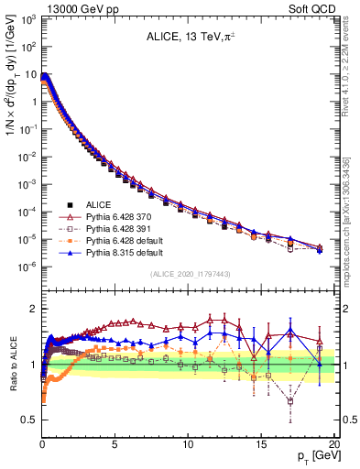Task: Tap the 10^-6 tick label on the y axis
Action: coord(27,267)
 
